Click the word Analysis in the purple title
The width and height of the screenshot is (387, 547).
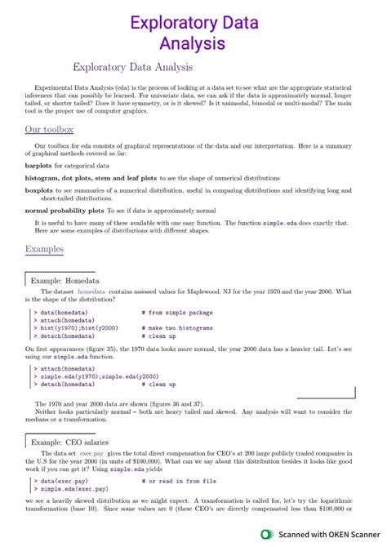coord(193,42)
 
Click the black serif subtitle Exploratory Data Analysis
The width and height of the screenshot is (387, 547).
coord(133,67)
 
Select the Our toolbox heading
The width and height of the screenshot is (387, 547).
coord(50,129)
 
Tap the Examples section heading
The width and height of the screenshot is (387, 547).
coord(45,248)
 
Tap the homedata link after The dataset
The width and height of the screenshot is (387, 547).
coord(92,291)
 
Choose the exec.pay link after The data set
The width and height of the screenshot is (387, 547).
coord(91,452)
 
